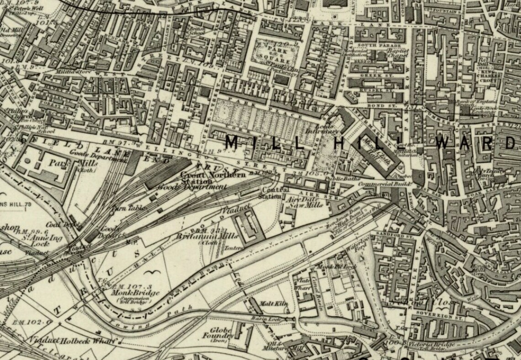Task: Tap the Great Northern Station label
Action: [213, 177]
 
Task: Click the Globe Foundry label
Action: [222, 333]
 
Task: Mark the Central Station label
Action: [275, 193]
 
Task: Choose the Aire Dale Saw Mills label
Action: [304, 202]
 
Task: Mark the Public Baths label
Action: [345, 178]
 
